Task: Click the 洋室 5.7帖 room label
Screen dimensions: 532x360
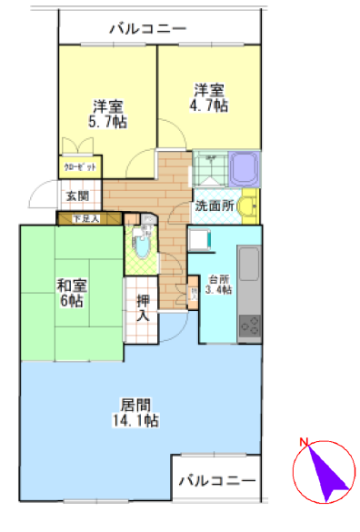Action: point(107,113)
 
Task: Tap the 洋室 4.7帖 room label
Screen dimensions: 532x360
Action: point(209,98)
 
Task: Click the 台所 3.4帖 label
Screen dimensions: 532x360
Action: point(219,285)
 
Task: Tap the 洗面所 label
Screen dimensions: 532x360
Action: point(215,206)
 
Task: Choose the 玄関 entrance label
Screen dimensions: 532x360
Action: point(77,196)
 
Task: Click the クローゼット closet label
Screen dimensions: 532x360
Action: point(81,167)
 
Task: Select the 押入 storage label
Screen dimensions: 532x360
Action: point(143,309)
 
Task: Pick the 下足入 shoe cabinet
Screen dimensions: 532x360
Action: point(88,218)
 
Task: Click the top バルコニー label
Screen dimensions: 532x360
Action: point(147,29)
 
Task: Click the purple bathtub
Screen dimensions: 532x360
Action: point(245,168)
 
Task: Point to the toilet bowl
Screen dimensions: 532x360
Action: point(141,246)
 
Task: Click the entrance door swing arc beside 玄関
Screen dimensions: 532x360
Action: point(43,194)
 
